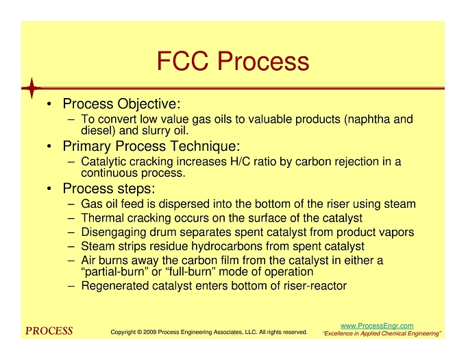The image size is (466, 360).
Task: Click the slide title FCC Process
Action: tap(233, 61)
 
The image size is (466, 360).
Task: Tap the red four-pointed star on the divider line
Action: tap(32, 88)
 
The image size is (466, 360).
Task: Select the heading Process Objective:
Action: tap(121, 104)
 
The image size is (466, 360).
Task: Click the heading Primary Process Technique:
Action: tap(151, 146)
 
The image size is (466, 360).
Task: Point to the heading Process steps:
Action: tap(109, 189)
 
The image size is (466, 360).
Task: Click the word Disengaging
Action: tap(114, 232)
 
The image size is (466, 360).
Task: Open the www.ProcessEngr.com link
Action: tap(377, 326)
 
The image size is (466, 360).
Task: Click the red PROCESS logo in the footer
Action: tap(49, 331)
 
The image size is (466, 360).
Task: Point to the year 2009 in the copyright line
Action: tap(149, 332)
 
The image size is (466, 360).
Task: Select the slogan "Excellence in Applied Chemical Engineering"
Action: tap(382, 333)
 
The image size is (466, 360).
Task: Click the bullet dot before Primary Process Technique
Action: tap(49, 146)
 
